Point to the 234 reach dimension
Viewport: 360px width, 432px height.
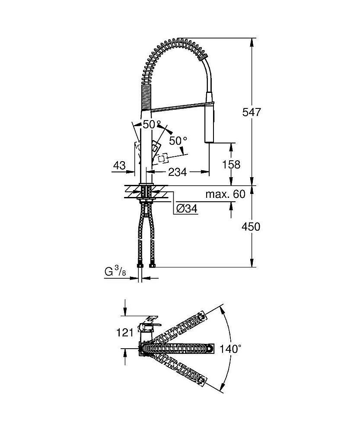(x=177, y=172)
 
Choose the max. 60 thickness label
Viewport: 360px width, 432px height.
(x=225, y=194)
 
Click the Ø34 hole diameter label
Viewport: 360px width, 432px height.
(x=187, y=209)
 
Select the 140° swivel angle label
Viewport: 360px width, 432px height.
(x=229, y=349)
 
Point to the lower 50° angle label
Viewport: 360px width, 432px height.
(x=178, y=141)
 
